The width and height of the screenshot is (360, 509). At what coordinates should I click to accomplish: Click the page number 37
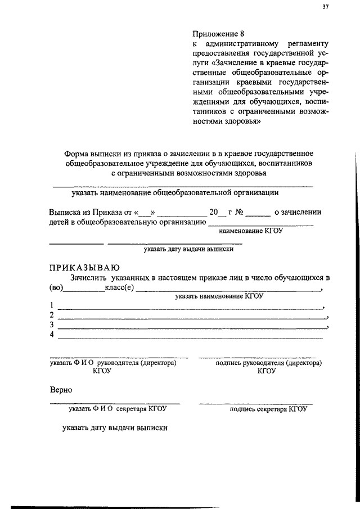pyautogui.click(x=325, y=7)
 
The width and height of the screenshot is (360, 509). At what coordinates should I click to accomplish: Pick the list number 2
pyautogui.click(x=52, y=315)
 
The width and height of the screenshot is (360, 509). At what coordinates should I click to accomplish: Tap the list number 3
pyautogui.click(x=52, y=325)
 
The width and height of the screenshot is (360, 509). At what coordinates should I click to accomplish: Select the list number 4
pyautogui.click(x=52, y=335)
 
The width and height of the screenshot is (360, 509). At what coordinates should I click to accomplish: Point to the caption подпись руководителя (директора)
pyautogui.click(x=269, y=363)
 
